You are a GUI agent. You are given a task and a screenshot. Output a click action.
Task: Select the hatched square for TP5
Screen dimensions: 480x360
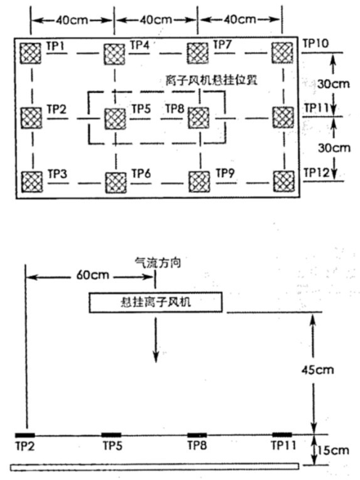[x=114, y=116]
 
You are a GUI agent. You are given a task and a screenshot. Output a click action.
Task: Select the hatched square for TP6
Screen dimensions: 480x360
[x=114, y=180]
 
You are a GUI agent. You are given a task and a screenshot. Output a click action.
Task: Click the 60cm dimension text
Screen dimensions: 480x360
[x=91, y=276]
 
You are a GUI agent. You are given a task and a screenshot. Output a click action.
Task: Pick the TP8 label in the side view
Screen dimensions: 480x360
[x=197, y=444]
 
